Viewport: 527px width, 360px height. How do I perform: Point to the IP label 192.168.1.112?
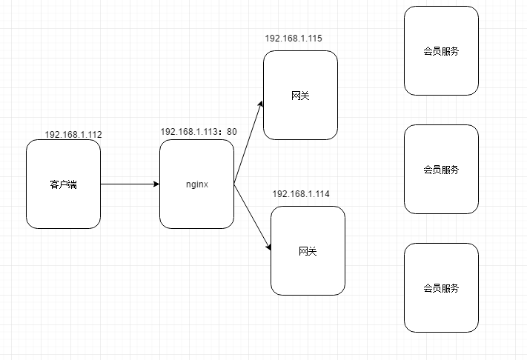tap(73, 135)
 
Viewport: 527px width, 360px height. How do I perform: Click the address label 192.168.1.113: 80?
tap(199, 132)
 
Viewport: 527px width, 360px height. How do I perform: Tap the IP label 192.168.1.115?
tap(294, 38)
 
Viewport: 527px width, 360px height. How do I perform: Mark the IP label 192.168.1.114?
tap(301, 193)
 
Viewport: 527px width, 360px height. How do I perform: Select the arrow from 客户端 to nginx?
tap(130, 184)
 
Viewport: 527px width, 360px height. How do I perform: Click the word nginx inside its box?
tap(196, 184)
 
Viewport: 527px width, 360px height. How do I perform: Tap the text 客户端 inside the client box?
tap(63, 184)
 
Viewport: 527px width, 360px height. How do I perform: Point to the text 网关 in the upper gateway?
tap(300, 96)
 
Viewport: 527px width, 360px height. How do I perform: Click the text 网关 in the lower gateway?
tap(308, 251)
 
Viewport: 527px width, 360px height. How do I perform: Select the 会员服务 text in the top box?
tap(441, 51)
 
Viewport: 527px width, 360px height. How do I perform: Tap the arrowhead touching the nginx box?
tap(156, 184)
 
